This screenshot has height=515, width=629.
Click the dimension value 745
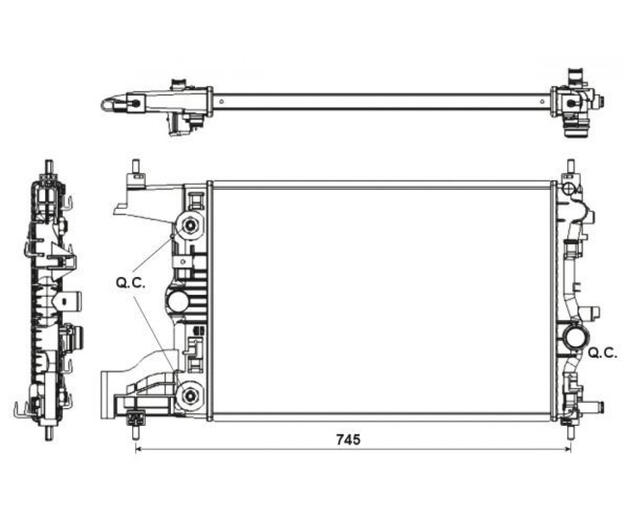348,439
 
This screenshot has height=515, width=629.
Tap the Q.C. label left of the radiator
130,283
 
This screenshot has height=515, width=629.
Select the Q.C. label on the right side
603,353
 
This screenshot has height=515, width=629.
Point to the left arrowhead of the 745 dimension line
139,449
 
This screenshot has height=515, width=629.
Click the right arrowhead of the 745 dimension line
567,449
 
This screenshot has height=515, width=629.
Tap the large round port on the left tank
178,302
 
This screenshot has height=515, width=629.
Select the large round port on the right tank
576,337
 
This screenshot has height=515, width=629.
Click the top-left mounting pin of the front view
136,166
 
